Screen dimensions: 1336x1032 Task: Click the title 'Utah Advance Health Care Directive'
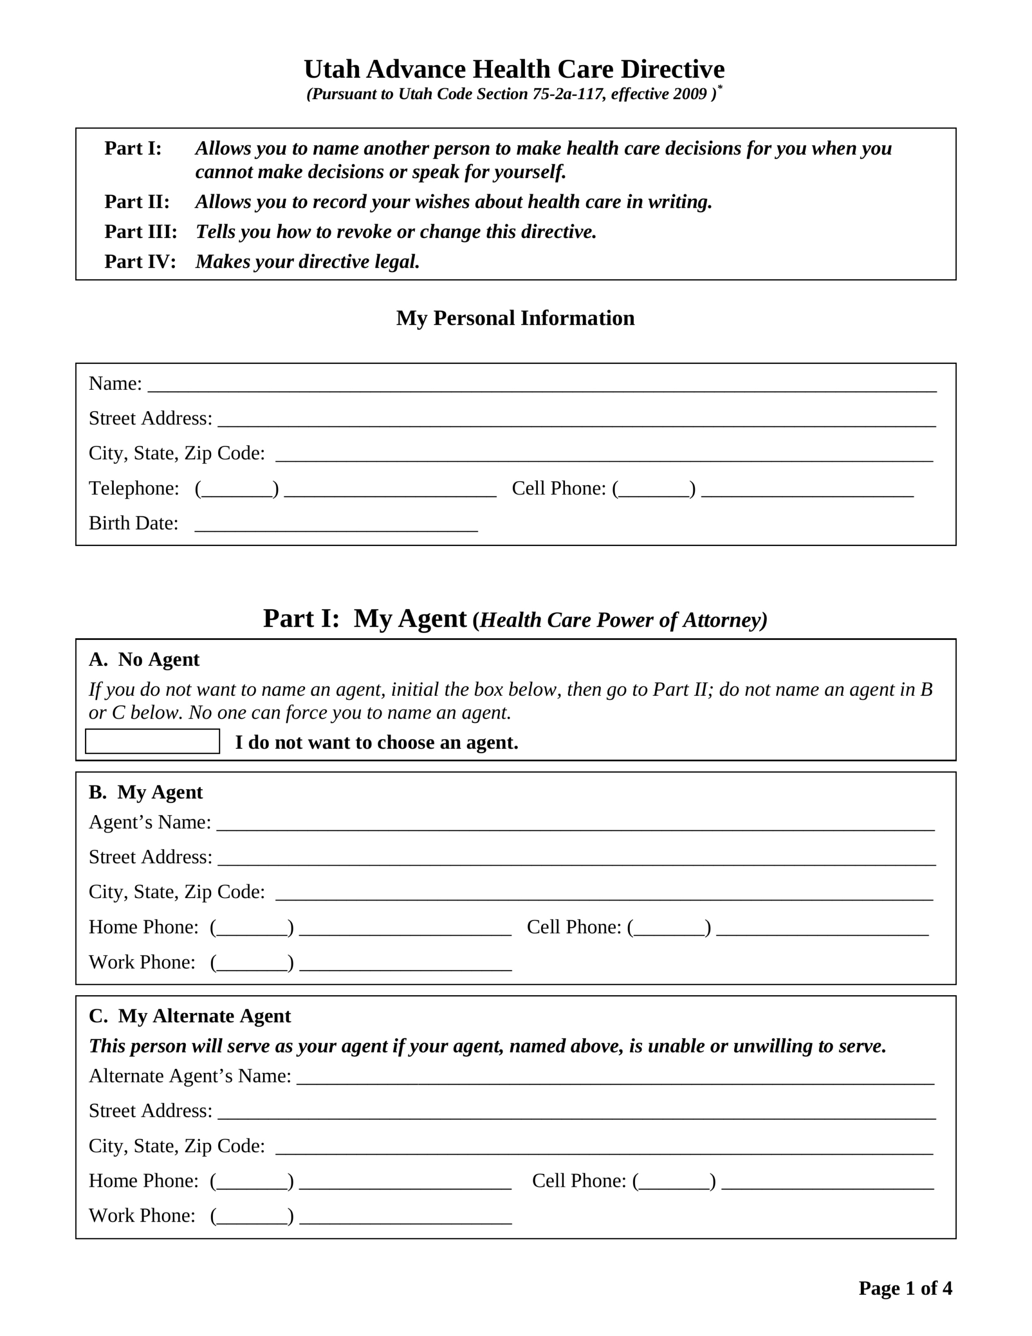pyautogui.click(x=514, y=69)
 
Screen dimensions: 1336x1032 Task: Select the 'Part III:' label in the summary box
pyautogui.click(x=141, y=232)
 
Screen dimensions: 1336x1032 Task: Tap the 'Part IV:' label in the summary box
pyautogui.click(x=140, y=262)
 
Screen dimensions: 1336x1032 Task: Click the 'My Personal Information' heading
pyautogui.click(x=515, y=318)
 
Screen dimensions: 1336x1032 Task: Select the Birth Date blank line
pyautogui.click(x=336, y=527)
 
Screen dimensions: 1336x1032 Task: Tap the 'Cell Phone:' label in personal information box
pyautogui.click(x=558, y=488)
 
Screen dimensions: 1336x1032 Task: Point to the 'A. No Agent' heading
pyautogui.click(x=145, y=660)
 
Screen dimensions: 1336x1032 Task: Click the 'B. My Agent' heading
pyautogui.click(x=146, y=792)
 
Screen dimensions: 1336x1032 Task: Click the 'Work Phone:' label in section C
pyautogui.click(x=142, y=1215)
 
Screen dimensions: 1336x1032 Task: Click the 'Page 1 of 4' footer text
pyautogui.click(x=905, y=1289)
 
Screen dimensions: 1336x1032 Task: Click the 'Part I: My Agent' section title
pyautogui.click(x=365, y=618)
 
